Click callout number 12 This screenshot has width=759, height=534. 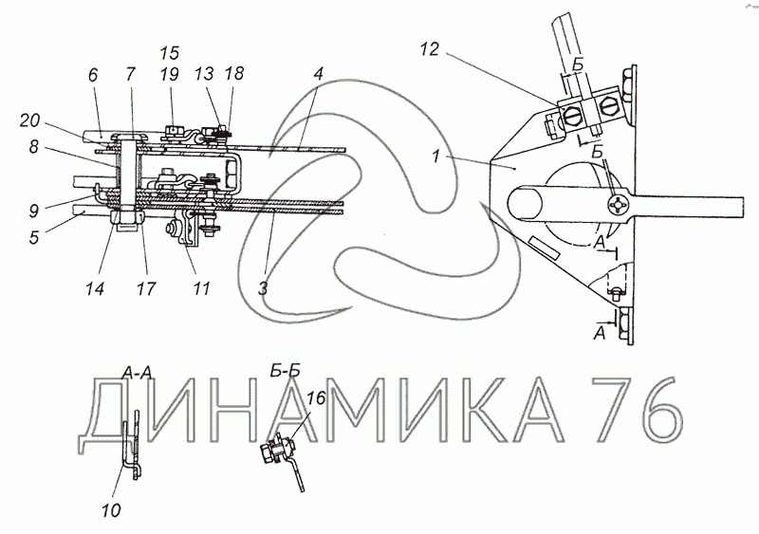429,49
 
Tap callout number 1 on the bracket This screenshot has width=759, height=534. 436,157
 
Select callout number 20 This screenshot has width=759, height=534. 30,120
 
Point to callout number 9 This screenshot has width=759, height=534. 33,212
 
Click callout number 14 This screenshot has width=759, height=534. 95,288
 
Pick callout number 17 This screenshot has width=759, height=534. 146,288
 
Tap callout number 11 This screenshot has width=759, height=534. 201,288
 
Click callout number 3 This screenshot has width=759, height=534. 263,288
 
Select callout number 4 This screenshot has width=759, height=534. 318,74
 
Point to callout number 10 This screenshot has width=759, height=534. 111,509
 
